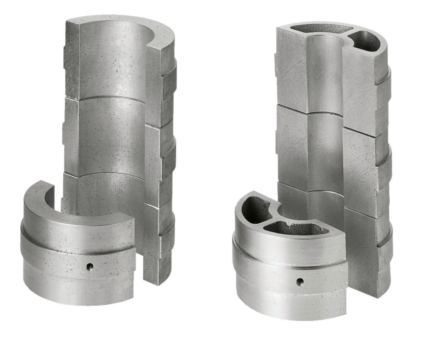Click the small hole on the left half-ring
[90, 267]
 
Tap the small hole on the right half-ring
[300, 280]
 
